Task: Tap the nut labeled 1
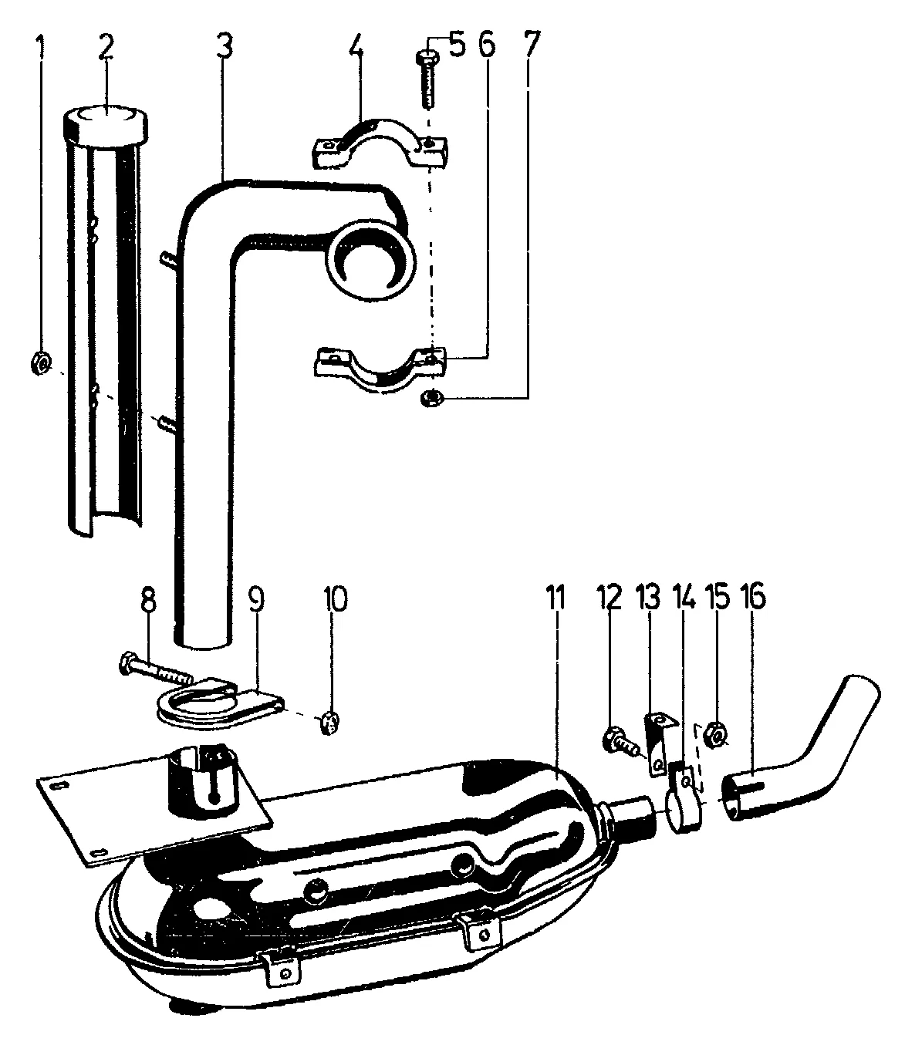[x=42, y=360]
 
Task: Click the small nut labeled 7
[x=431, y=398]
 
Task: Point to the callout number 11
[x=555, y=598]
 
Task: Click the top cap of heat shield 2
[x=105, y=123]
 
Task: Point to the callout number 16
[x=755, y=598]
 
